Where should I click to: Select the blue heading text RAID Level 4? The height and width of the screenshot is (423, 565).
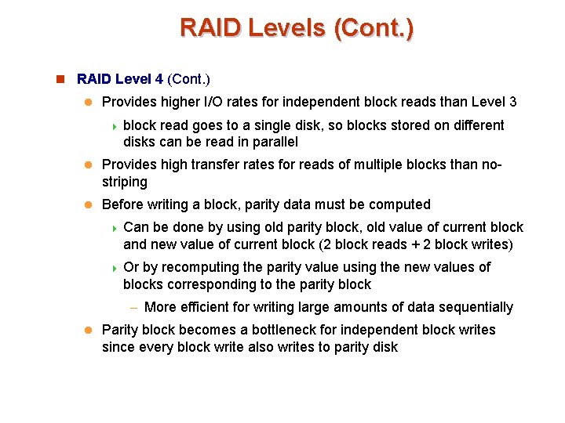tap(120, 79)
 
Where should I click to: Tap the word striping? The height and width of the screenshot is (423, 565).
tap(125, 182)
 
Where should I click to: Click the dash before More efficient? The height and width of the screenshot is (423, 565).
tap(134, 307)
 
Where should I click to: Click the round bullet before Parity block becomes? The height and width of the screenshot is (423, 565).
tap(89, 330)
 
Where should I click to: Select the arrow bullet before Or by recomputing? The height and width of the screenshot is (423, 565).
tap(115, 267)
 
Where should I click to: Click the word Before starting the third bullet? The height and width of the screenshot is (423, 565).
tap(123, 204)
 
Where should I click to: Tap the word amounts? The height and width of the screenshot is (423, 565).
tap(352, 307)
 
